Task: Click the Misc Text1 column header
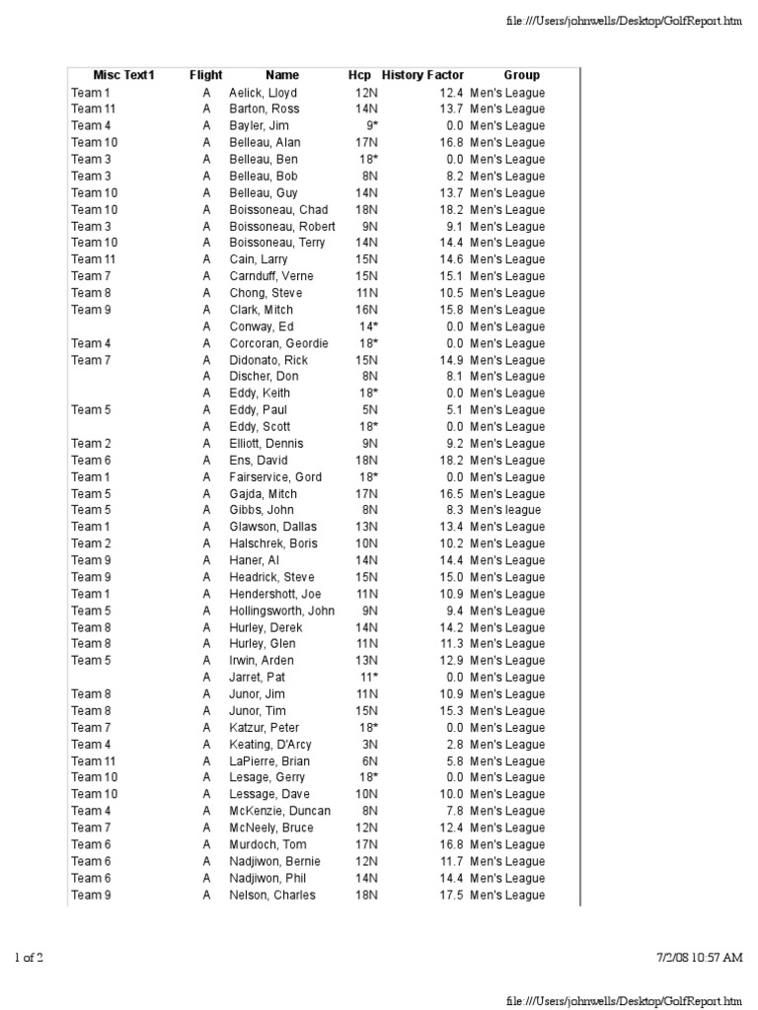[124, 75]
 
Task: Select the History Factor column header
[422, 75]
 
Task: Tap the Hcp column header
[359, 75]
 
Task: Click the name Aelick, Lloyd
[263, 93]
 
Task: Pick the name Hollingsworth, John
[281, 611]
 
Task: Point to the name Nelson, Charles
[272, 895]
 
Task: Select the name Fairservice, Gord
[275, 476]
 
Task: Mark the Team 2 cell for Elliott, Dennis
[92, 444]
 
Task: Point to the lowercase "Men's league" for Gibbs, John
[505, 510]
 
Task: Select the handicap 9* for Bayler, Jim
[371, 125]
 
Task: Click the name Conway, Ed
[262, 326]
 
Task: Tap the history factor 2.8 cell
[453, 745]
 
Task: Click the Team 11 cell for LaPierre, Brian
[94, 761]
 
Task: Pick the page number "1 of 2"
[29, 957]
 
